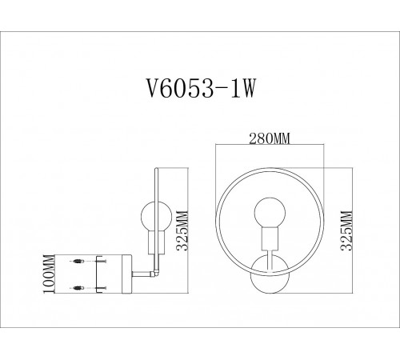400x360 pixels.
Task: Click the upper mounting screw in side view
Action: pyautogui.click(x=78, y=261)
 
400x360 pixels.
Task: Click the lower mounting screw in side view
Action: pyautogui.click(x=78, y=286)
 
